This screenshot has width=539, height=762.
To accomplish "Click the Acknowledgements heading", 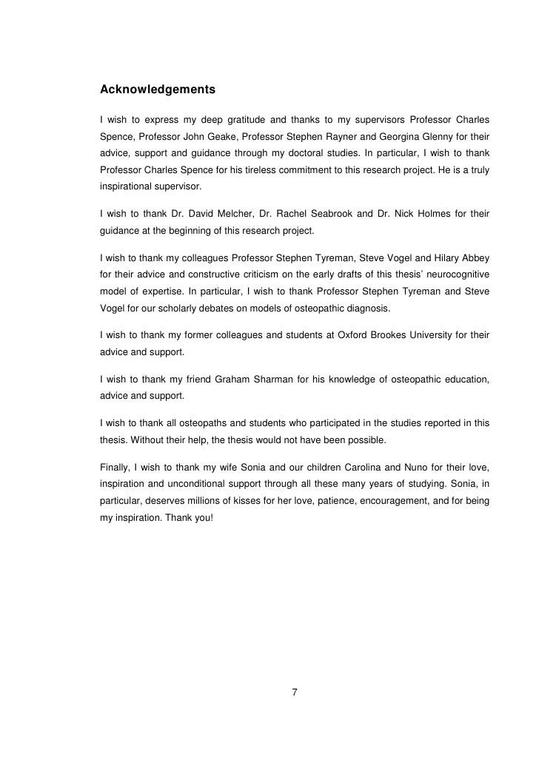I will coord(157,90).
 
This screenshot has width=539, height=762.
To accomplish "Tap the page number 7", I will coord(295,692).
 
